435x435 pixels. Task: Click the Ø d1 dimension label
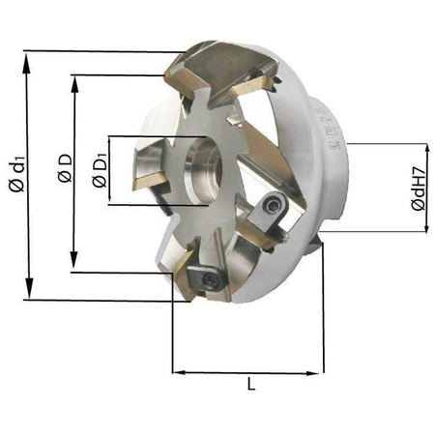[x=17, y=174]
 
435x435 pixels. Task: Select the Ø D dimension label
[x=65, y=168]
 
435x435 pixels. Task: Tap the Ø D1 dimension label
[x=101, y=171]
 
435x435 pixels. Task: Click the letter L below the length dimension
[x=251, y=384]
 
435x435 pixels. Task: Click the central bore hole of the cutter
[x=203, y=171]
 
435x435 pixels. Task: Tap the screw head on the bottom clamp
[x=212, y=278]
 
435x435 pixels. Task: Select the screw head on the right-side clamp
[x=271, y=205]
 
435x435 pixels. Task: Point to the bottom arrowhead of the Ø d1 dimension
[x=29, y=287]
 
